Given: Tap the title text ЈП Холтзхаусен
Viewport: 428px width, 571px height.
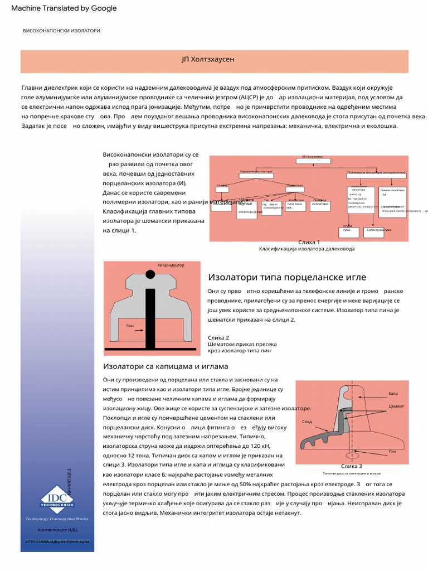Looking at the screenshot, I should [215, 59].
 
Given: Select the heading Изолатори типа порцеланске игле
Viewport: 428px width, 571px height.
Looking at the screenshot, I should [287, 277].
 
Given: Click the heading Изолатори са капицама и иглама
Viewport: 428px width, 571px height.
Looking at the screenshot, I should [166, 366].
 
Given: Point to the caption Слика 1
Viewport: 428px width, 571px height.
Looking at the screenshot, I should [309, 242].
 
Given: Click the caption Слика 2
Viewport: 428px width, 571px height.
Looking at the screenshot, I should [218, 338].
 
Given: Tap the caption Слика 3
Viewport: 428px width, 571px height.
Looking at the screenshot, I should [351, 466].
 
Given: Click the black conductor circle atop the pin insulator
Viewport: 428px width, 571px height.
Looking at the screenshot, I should [150, 274].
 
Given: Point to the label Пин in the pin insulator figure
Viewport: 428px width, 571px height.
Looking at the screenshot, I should [130, 325].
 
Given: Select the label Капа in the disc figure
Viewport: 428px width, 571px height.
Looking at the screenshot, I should [393, 394].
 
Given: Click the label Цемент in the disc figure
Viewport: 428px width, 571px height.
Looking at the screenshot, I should [396, 407].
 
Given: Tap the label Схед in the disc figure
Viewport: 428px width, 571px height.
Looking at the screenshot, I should [307, 422].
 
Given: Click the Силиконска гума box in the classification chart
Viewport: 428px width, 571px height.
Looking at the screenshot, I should [379, 230].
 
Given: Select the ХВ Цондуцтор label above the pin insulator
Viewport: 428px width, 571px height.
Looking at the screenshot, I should [171, 265].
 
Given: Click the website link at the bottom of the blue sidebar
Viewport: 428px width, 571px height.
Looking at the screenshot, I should [57, 541].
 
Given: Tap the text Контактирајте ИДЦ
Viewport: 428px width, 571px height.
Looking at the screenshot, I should [57, 529].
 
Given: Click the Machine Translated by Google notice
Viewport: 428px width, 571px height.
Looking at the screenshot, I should [64, 8].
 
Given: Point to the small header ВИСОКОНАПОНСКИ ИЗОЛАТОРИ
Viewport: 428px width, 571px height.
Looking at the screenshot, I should [61, 31].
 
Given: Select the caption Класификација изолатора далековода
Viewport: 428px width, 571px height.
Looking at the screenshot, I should [307, 249].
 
